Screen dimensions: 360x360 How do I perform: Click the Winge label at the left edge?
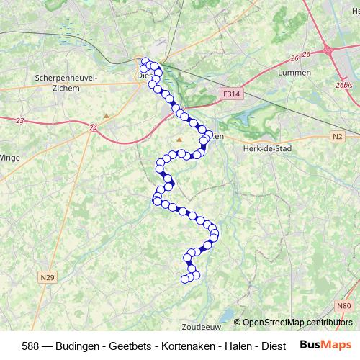click(9, 156)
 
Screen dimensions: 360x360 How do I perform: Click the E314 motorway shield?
click(230, 94)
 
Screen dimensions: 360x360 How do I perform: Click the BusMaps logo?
click(325, 344)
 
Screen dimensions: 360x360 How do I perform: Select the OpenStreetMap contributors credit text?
click(297, 323)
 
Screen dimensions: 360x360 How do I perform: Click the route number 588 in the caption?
click(32, 345)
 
